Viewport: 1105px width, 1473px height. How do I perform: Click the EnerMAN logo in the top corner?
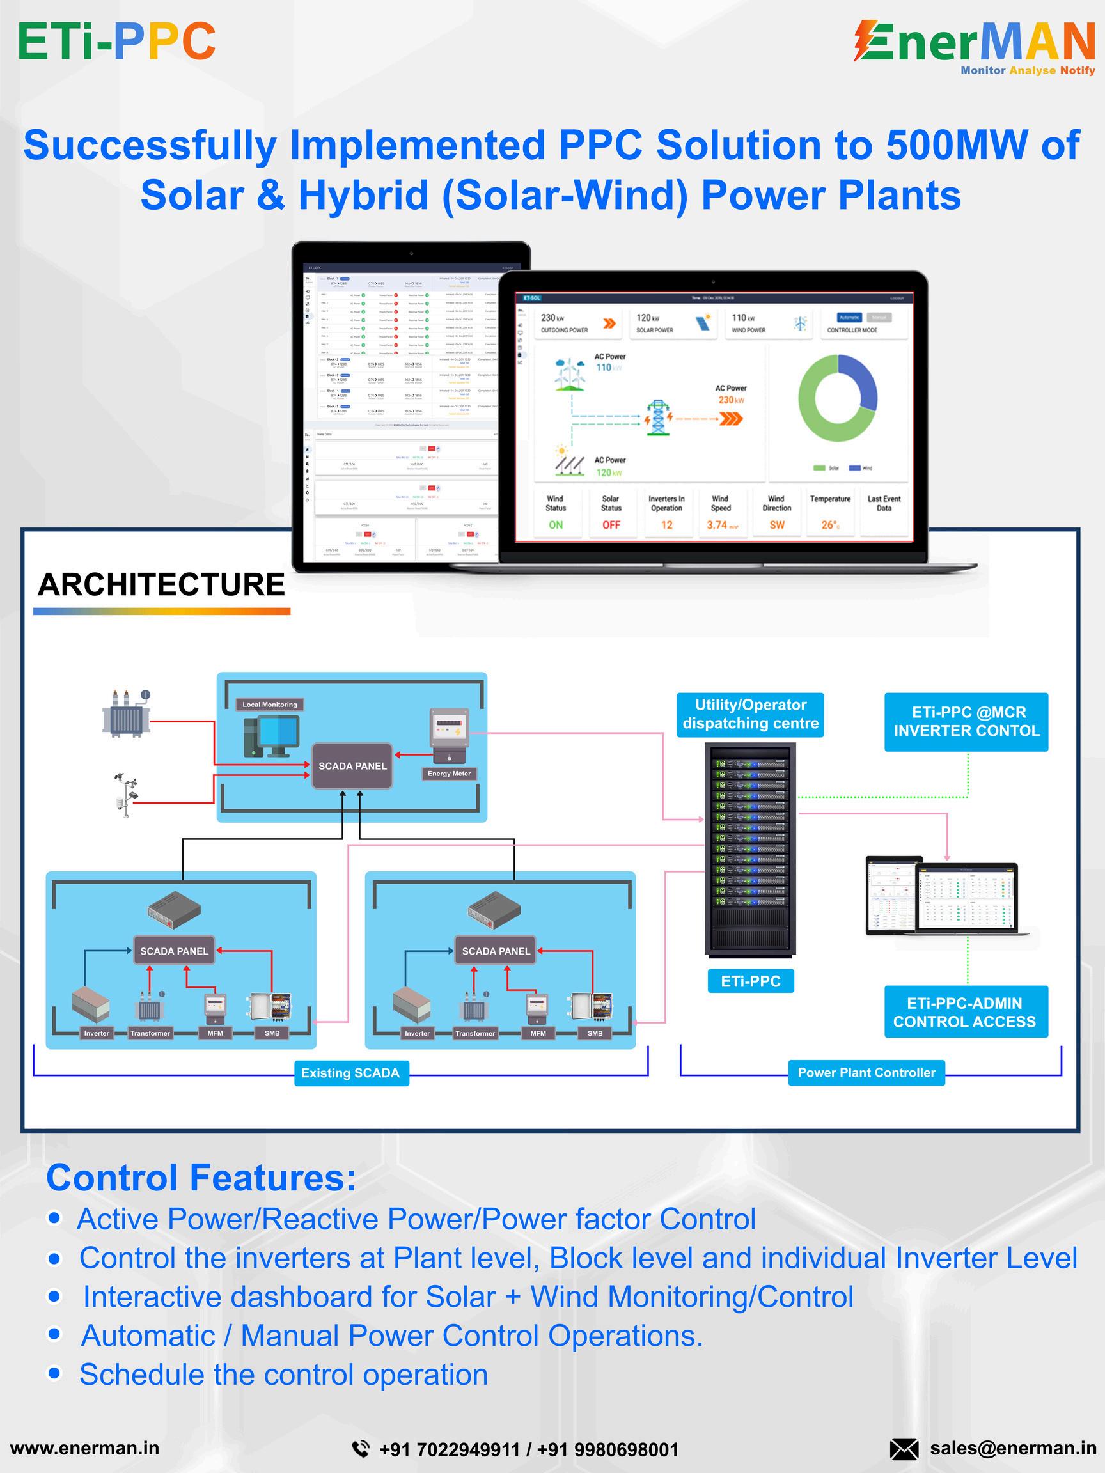coord(974,47)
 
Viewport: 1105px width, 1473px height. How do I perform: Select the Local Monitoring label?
coord(270,705)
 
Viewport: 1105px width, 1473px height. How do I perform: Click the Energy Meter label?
coord(449,774)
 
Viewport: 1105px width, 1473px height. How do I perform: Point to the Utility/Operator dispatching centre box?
coord(750,715)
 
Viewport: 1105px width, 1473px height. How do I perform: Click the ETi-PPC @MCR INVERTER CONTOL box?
coord(966,722)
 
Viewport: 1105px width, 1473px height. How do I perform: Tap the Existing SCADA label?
coord(350,1073)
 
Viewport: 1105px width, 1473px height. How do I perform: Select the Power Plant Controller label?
coord(866,1072)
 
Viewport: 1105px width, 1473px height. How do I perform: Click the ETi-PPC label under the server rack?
coord(750,981)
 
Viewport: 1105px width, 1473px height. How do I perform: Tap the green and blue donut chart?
coord(837,398)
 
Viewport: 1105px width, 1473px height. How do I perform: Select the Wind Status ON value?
coord(556,526)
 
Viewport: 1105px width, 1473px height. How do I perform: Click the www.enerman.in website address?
coord(84,1447)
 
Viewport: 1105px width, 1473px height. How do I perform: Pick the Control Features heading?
coord(201,1178)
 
